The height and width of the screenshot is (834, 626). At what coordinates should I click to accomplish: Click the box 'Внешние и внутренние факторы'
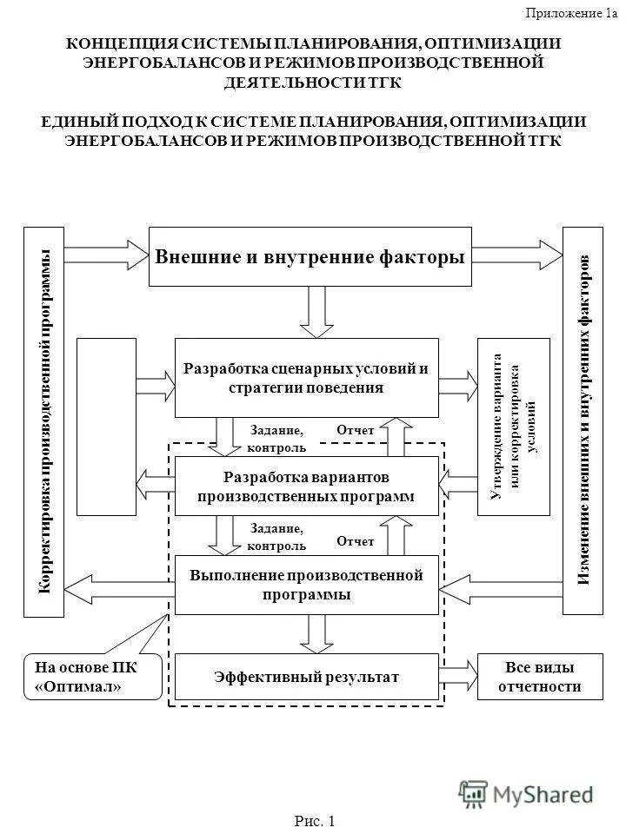click(x=310, y=257)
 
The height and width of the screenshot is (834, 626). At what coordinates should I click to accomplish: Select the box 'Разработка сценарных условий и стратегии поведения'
click(x=307, y=378)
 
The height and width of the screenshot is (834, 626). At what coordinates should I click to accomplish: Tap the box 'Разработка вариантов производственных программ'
click(x=305, y=486)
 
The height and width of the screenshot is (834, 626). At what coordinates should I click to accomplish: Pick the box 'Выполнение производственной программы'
click(x=305, y=585)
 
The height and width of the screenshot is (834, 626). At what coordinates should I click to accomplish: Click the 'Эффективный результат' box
click(x=305, y=676)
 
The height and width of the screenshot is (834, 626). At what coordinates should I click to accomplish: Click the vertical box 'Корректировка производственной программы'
click(x=43, y=421)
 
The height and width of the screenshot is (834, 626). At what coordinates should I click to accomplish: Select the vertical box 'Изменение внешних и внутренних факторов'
click(x=583, y=421)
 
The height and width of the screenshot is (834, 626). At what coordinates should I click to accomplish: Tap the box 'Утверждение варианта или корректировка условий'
click(x=514, y=427)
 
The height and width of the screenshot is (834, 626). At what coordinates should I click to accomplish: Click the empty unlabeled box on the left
click(x=106, y=427)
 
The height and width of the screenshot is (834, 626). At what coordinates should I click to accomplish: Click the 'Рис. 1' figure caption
click(x=313, y=820)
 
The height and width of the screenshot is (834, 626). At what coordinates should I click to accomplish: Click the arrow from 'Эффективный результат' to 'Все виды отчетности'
click(x=457, y=676)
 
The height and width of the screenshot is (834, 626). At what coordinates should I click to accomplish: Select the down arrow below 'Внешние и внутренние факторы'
click(x=316, y=311)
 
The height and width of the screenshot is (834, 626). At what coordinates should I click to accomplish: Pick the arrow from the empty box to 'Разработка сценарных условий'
click(x=156, y=378)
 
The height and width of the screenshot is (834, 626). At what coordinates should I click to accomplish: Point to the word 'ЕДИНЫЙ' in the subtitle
click(x=75, y=122)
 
